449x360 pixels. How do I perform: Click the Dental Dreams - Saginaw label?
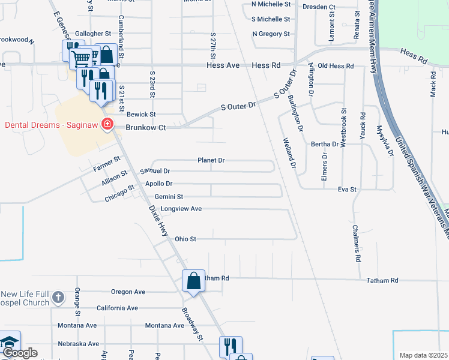(52, 125)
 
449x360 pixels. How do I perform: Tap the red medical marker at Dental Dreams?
(107, 125)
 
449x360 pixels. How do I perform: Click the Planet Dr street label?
(211, 161)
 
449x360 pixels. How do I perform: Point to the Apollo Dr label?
(158, 184)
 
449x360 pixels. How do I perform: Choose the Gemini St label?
(169, 196)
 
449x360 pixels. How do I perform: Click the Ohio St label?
(185, 239)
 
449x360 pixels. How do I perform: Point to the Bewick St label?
(141, 114)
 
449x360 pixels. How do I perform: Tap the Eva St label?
(347, 189)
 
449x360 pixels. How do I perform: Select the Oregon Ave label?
(128, 292)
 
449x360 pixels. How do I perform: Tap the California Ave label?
(118, 308)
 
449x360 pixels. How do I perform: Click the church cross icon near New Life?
(58, 297)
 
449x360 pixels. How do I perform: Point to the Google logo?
(19, 353)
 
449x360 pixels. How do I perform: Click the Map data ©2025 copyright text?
(423, 355)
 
